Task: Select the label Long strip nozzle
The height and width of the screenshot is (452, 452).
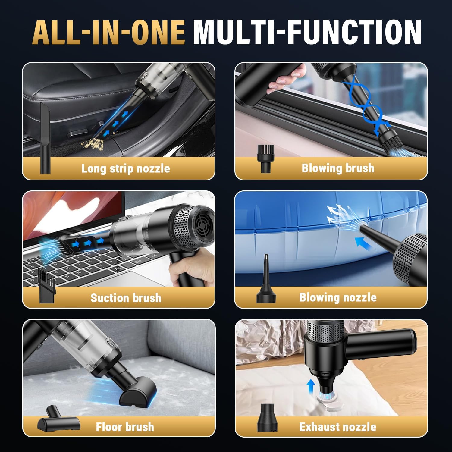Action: coord(126,168)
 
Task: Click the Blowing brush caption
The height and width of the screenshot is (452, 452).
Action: coord(338,168)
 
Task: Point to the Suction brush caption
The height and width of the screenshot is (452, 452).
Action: coord(126,298)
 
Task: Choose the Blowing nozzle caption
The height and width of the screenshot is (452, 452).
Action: coord(338,297)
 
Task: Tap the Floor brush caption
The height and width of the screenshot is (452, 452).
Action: coord(125,427)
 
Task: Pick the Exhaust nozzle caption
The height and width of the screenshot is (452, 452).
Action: coord(338,427)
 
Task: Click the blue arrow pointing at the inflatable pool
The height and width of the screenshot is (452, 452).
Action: coord(364,243)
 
